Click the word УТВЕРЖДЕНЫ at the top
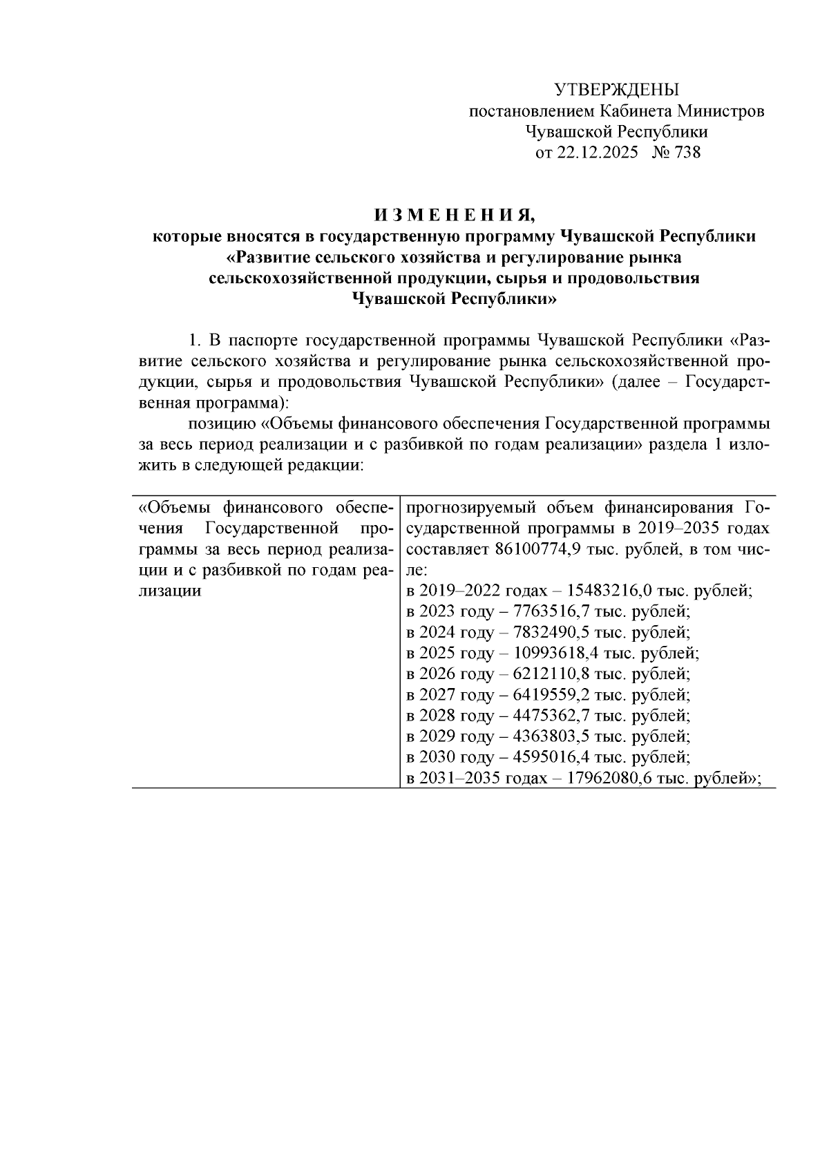point(617,90)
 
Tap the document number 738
point(686,153)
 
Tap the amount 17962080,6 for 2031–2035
point(618,779)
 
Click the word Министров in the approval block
point(720,111)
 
